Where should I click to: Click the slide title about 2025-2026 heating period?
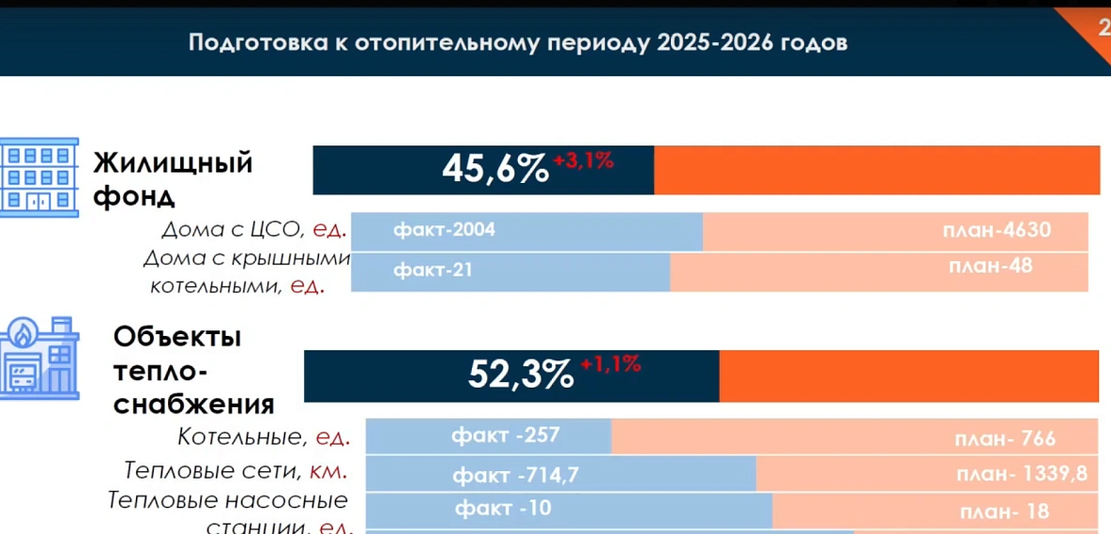(518, 43)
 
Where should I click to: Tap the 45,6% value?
(495, 170)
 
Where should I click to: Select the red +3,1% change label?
(583, 160)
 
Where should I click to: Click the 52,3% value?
(521, 374)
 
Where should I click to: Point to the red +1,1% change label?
(610, 364)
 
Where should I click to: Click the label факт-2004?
(444, 230)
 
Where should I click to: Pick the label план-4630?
(997, 230)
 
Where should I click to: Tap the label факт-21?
(433, 270)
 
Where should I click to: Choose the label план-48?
(990, 266)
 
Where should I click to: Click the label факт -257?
(505, 435)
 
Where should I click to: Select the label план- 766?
(1005, 438)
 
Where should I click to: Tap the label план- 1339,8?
(1022, 474)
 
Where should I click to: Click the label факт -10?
(503, 510)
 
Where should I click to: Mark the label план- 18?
(1004, 512)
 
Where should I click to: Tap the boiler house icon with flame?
(38, 359)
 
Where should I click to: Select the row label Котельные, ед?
(264, 436)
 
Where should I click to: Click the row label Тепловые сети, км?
(236, 470)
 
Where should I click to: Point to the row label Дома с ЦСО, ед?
(254, 229)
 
